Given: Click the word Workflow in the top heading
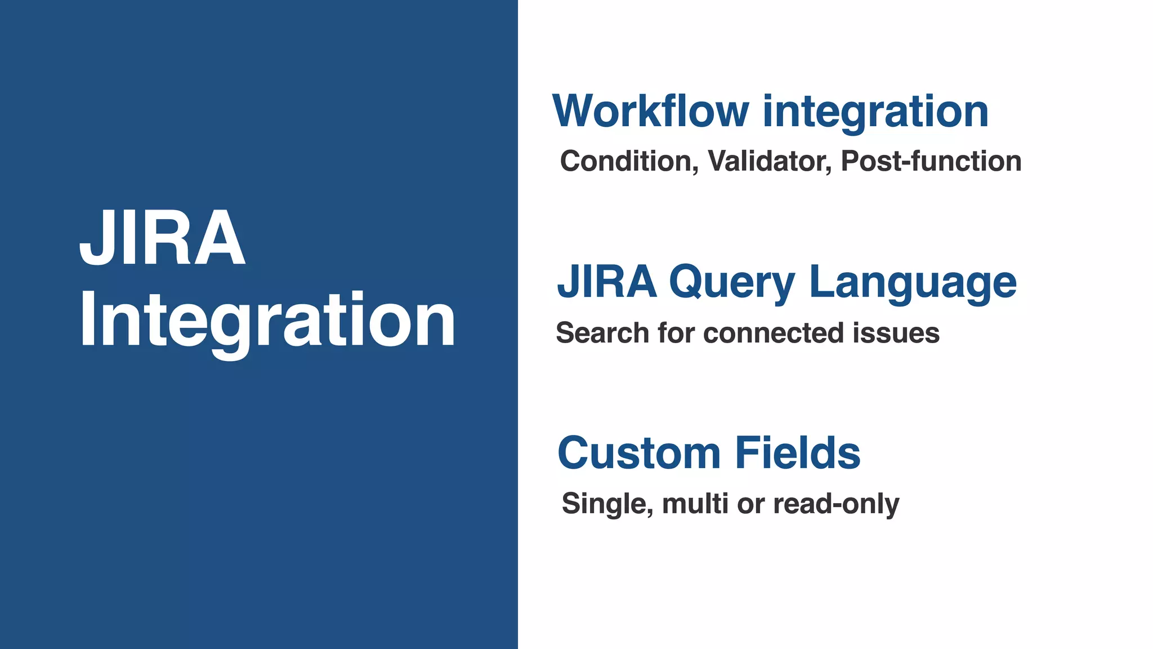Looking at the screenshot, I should tap(650, 111).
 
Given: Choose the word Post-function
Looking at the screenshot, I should tap(931, 161).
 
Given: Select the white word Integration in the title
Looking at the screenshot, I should tap(267, 321).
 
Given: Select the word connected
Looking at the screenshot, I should tap(774, 332).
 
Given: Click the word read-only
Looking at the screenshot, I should tap(836, 504).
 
